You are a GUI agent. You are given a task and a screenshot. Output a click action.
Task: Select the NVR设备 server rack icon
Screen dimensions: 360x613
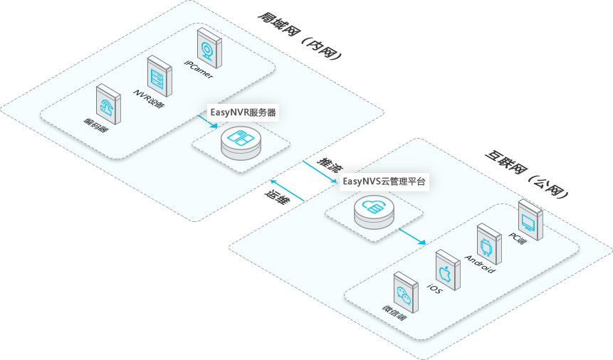coord(158,75)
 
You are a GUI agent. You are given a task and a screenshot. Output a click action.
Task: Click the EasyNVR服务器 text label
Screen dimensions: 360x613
coord(243,112)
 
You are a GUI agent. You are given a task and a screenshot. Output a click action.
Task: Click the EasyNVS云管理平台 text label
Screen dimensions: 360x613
coord(384,181)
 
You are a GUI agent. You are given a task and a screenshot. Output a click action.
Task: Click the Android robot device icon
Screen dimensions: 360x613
coord(487,244)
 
